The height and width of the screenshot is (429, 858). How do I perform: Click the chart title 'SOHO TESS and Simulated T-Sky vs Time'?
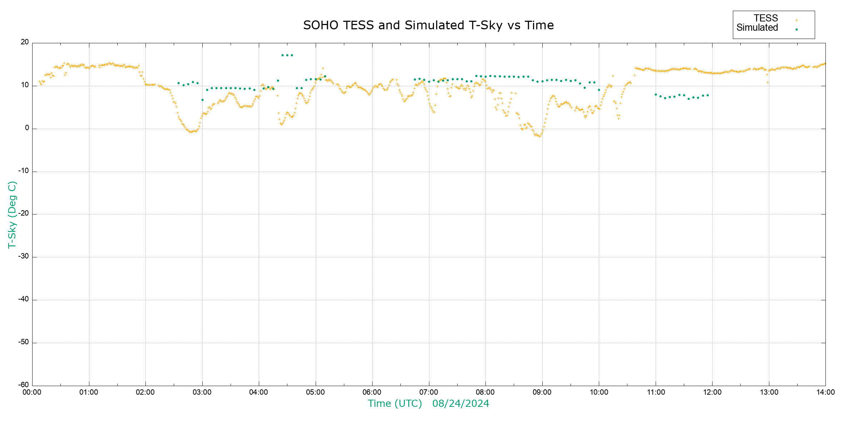click(428, 25)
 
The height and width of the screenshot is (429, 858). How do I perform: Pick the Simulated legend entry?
click(757, 28)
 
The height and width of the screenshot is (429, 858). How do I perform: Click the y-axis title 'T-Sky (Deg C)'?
click(12, 214)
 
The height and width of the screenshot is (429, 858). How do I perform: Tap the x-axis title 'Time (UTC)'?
click(395, 404)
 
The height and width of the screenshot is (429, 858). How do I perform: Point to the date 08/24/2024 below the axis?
click(460, 404)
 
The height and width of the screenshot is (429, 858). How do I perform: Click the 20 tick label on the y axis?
click(25, 42)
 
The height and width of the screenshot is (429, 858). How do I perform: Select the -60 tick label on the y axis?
click(24, 385)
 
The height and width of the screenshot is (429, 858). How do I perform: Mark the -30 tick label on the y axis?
click(24, 257)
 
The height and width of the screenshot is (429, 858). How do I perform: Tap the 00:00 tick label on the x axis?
click(32, 393)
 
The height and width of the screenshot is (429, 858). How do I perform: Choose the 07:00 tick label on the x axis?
click(429, 393)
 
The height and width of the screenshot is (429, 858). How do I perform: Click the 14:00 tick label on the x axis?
click(825, 393)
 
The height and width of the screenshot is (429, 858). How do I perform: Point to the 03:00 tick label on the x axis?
click(202, 393)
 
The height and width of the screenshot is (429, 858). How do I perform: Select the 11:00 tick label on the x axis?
click(656, 393)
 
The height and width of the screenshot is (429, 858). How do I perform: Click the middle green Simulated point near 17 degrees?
click(287, 55)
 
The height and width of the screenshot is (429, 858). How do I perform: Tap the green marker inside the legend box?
click(797, 29)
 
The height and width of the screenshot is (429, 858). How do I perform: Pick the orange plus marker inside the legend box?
click(797, 20)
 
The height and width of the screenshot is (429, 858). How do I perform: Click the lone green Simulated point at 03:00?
click(202, 100)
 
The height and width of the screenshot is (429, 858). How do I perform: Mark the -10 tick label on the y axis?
click(24, 171)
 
